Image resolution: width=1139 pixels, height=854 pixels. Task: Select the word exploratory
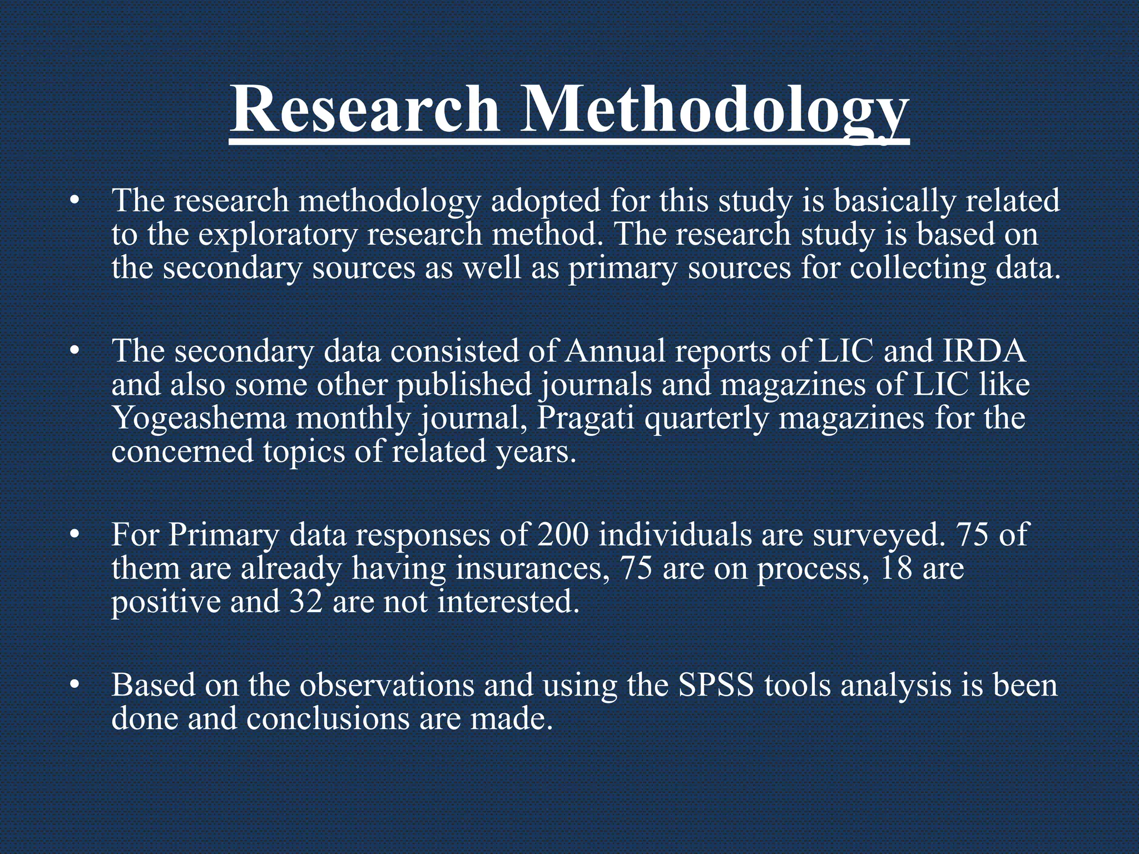point(278,235)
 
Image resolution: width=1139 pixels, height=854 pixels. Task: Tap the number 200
point(562,535)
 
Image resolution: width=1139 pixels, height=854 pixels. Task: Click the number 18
point(896,568)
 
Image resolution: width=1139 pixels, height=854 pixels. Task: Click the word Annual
point(614,351)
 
